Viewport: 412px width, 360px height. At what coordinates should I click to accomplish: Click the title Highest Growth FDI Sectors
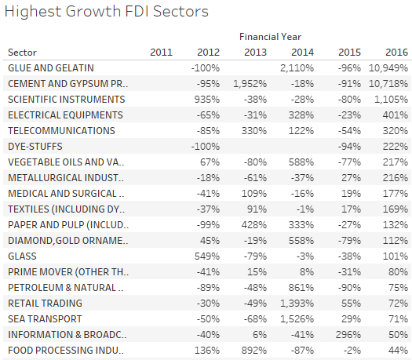107,12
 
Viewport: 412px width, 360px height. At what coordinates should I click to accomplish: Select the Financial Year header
270,37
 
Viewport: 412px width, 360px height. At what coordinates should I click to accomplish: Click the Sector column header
22,53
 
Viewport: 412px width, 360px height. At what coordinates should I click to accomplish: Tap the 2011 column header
161,53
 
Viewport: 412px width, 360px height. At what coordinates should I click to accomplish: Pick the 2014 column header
302,53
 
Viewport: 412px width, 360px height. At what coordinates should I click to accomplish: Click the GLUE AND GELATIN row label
51,68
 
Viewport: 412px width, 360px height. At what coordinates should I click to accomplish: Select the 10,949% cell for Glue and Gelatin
388,68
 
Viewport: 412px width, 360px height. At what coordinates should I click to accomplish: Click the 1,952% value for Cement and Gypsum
250,84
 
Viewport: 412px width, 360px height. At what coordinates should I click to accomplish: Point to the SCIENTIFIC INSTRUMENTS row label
67,100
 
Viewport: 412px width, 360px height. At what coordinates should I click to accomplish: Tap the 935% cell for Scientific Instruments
207,100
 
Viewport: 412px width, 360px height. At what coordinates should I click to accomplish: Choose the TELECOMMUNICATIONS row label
61,131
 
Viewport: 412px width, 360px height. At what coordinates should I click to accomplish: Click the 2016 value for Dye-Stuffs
396,147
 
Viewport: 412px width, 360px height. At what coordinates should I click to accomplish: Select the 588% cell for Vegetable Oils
301,162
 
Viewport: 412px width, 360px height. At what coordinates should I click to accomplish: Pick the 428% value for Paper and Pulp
254,225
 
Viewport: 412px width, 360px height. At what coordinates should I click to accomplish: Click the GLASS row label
22,256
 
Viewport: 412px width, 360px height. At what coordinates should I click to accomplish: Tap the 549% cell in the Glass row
207,256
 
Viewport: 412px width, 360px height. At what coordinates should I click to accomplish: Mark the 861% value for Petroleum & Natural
301,288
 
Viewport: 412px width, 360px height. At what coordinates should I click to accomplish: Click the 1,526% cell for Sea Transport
297,319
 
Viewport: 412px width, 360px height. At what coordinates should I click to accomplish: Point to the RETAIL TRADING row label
45,304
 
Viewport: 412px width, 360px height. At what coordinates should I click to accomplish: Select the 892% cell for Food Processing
254,351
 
